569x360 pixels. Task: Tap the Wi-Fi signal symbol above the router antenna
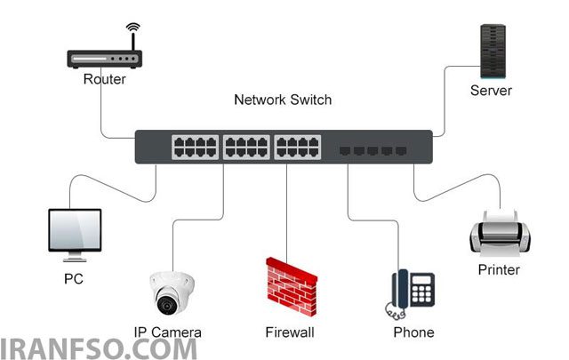coord(133,27)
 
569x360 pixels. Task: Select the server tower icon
coord(493,52)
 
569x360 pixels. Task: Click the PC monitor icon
coord(75,235)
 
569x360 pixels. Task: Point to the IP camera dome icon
coord(172,292)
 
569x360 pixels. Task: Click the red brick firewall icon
coord(292,286)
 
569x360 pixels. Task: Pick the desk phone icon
coord(410,294)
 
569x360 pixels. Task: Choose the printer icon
coord(500,232)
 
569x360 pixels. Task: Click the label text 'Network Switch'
coord(283,100)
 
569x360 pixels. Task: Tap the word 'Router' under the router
coord(105,79)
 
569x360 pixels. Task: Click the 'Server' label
coord(491,91)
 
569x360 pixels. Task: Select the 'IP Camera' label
coord(168,332)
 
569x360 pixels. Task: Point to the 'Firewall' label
coord(290,332)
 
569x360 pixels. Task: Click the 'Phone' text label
coord(413,332)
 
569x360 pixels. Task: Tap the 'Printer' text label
coord(499,269)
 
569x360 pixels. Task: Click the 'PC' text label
coord(74,279)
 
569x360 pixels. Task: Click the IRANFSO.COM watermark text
coord(98,349)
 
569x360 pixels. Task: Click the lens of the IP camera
coord(167,305)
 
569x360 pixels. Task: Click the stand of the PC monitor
coord(75,257)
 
